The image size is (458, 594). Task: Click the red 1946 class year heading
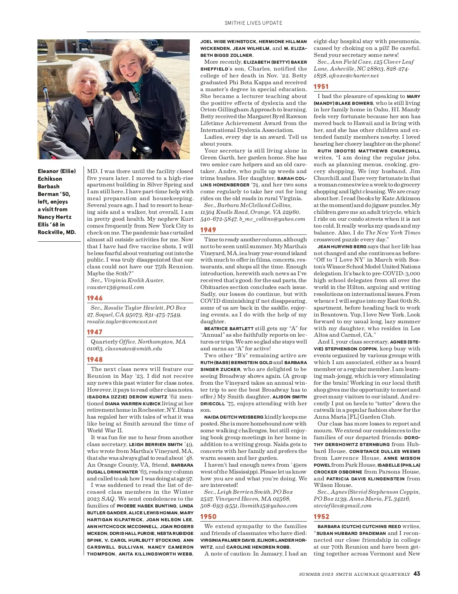(95, 298)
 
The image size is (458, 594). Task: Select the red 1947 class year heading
(95, 332)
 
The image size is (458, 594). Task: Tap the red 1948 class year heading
(95, 360)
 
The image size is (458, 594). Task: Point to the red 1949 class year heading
(208, 230)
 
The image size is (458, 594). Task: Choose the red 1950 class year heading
(208, 517)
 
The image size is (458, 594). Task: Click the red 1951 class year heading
(321, 87)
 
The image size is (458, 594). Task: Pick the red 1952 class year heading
(321, 517)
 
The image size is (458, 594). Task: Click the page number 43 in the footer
(417, 573)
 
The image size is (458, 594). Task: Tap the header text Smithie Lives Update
(253, 23)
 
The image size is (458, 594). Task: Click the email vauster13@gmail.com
(116, 287)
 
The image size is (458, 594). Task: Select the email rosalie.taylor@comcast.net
(122, 321)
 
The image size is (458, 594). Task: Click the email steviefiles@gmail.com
(342, 506)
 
